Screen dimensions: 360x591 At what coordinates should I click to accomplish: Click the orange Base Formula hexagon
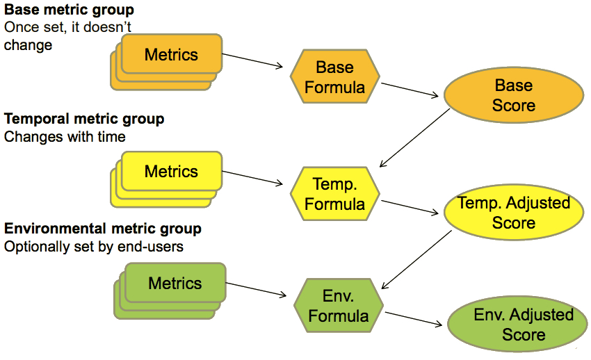coord(334,77)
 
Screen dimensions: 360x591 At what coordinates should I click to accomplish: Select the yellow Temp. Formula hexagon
coord(334,194)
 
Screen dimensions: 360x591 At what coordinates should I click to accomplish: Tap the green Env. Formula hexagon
coord(339,306)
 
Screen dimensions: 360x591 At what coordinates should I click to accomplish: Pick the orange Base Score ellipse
coord(513,95)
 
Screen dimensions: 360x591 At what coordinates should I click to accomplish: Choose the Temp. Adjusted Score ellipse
coord(513,213)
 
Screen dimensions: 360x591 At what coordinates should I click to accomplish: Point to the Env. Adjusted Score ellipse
coord(523,324)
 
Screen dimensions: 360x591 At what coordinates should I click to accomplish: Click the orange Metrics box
coord(172,54)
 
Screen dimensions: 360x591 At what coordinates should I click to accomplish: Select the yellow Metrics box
coord(172,171)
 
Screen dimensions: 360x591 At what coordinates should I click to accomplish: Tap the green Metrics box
coord(175,283)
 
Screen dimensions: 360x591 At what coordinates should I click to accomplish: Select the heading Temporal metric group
coord(84,119)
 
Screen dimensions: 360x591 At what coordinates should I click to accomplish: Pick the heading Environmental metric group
coord(103,229)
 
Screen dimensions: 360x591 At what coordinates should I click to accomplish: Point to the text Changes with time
coord(65,136)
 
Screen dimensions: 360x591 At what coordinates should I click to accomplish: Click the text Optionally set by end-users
coord(94,246)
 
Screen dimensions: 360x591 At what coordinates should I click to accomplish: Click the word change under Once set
coord(28,46)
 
